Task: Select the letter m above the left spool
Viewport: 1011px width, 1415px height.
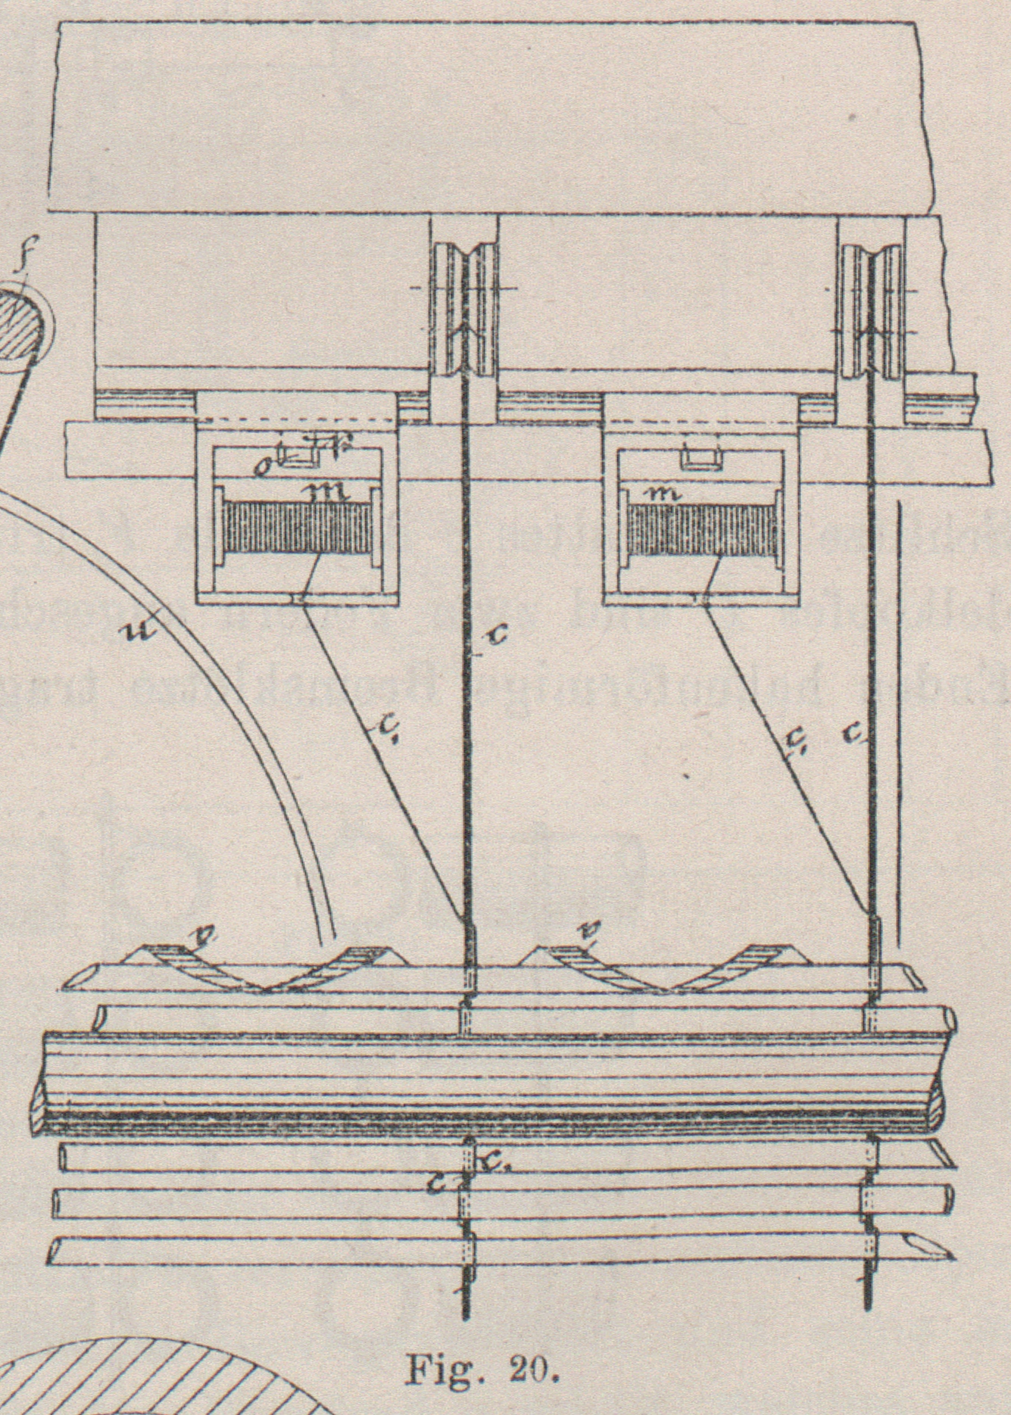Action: [327, 493]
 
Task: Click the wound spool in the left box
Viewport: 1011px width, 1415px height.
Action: [296, 531]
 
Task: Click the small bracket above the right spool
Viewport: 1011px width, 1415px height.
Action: [700, 457]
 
